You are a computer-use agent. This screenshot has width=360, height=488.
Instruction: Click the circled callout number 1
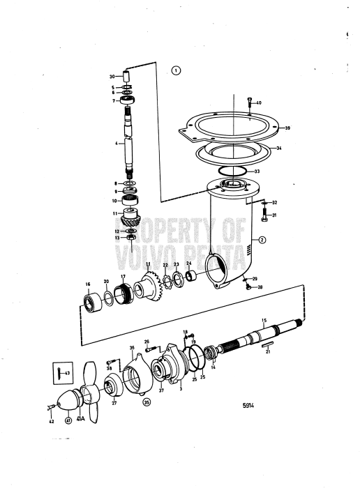click(x=176, y=70)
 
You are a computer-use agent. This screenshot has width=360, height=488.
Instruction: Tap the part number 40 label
click(x=259, y=102)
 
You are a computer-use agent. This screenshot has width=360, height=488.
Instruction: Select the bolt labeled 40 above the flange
click(x=249, y=105)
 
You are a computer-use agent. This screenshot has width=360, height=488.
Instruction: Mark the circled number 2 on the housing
click(x=262, y=240)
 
